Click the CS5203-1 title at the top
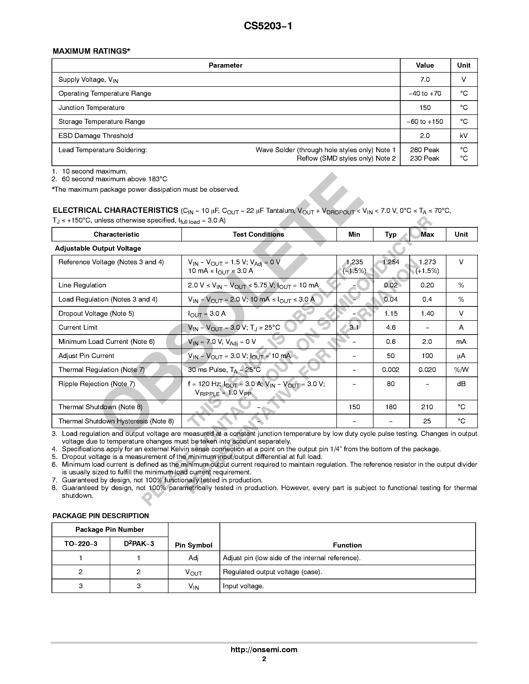click(268, 26)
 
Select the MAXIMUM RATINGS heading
click(91, 51)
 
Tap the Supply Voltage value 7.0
click(425, 80)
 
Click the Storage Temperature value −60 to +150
click(425, 122)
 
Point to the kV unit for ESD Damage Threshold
click(464, 136)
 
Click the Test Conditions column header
click(258, 234)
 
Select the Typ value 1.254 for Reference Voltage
click(391, 262)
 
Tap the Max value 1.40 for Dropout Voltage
click(427, 314)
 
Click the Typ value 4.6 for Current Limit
click(391, 328)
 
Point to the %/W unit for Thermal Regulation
click(461, 370)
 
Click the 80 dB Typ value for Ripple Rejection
click(391, 384)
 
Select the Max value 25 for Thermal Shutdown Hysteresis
click(427, 421)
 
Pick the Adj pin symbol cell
click(193, 558)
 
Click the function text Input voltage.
click(243, 586)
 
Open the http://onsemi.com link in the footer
click(264, 649)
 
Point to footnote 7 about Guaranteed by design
click(162, 480)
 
